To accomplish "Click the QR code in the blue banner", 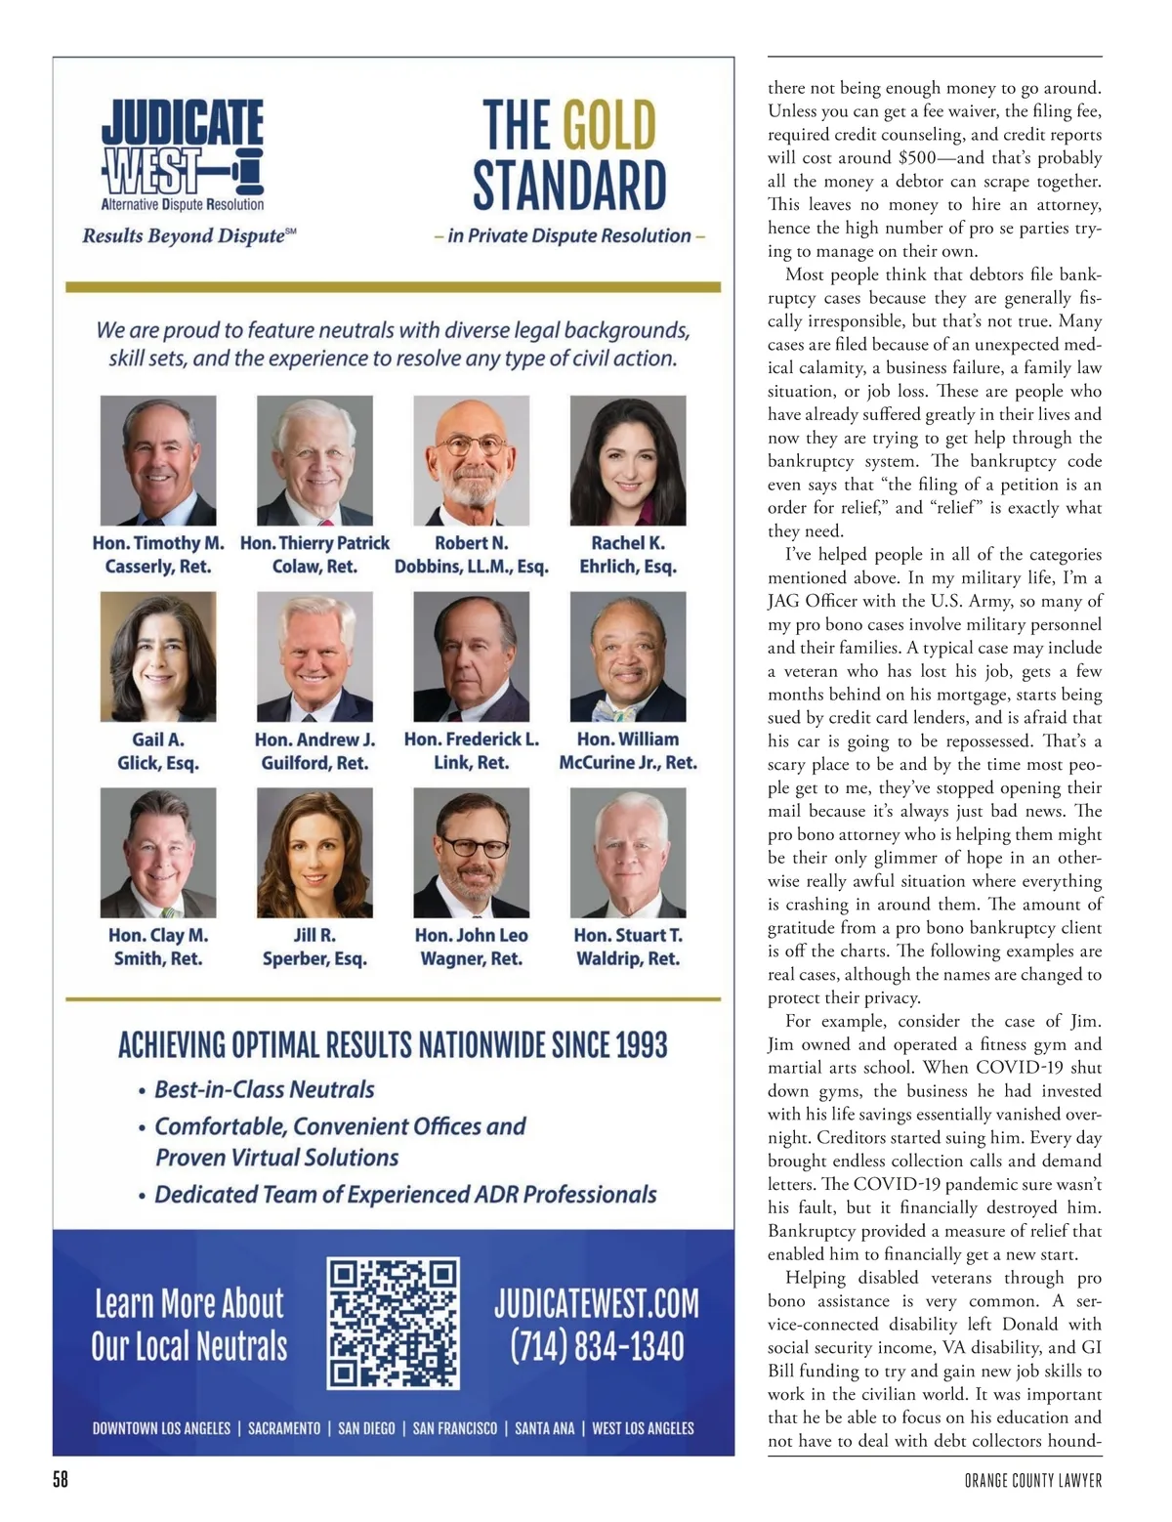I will (394, 1325).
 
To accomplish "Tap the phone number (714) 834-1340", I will (597, 1348).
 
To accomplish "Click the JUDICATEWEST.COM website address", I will (596, 1303).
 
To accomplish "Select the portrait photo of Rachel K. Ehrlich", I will (628, 460).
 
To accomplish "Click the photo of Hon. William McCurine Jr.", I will (628, 656).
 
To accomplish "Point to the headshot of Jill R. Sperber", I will (314, 853).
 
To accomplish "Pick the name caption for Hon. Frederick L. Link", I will (472, 750).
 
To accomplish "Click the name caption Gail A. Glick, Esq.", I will (158, 750).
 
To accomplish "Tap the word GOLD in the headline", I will (609, 126).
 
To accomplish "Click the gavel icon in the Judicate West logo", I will (244, 174).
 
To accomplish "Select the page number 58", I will (61, 1480).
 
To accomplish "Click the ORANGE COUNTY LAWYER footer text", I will (1032, 1481).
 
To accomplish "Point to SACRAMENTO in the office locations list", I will (284, 1428).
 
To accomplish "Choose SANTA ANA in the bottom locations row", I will (545, 1428).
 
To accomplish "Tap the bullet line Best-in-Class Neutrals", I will (264, 1089).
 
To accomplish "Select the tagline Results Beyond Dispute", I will (188, 235).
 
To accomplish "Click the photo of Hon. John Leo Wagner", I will (472, 853).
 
